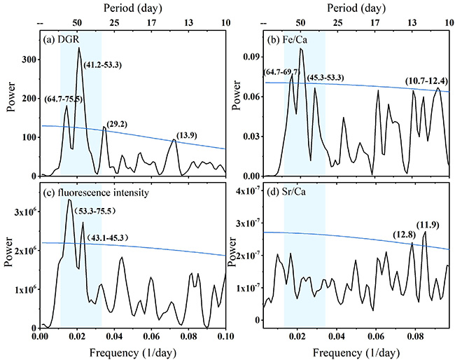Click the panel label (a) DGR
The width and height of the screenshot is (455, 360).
63,38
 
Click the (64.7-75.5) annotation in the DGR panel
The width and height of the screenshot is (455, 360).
63,99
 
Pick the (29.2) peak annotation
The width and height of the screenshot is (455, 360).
117,123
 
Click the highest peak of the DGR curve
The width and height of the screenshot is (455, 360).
78,48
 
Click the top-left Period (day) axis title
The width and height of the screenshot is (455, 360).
132,8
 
